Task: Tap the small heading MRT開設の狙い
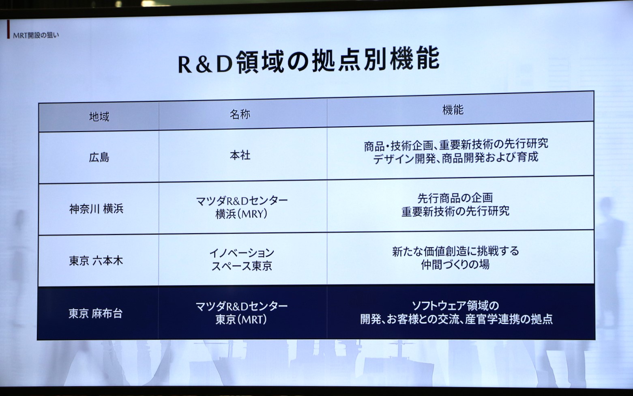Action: coord(36,35)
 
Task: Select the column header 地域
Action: coord(99,117)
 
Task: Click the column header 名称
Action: coord(240,114)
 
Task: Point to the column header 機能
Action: coord(453,110)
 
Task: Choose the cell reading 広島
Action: coord(99,157)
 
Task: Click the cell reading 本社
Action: coord(240,155)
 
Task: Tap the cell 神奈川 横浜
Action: coord(96,209)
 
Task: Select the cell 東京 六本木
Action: coord(96,260)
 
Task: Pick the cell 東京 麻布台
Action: coord(95,313)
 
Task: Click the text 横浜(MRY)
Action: coord(241,214)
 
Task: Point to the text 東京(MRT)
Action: coord(241,320)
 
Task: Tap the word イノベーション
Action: coord(242,253)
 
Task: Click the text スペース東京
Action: coord(242,266)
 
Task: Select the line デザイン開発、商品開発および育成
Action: coord(455,157)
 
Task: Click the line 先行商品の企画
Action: coord(455,198)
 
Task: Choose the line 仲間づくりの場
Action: coord(455,265)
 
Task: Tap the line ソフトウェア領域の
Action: coord(455,306)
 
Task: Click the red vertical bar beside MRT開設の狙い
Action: coord(8,30)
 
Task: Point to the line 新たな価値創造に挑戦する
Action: coord(455,251)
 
